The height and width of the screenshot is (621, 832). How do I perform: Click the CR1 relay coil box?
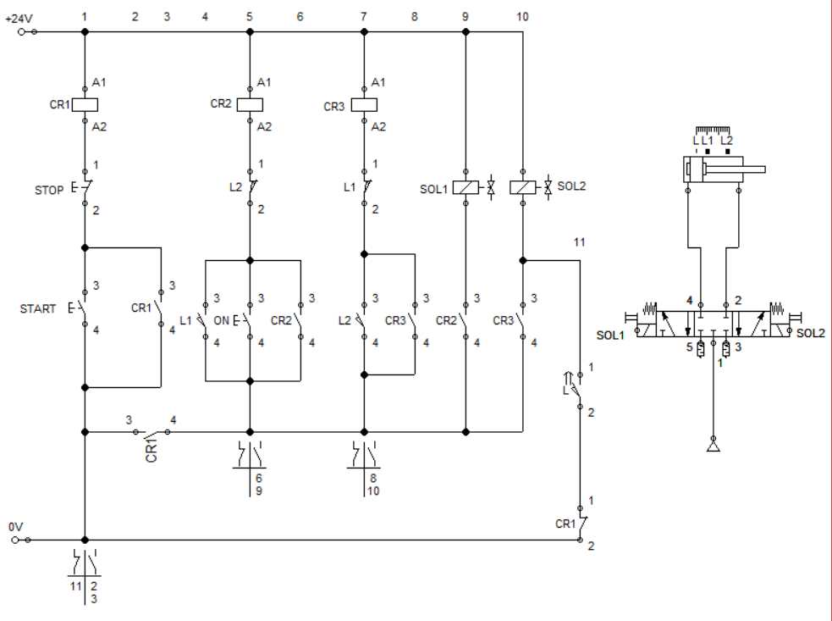(85, 105)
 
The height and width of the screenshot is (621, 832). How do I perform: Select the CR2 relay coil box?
(250, 104)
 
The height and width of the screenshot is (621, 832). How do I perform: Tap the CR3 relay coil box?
(364, 105)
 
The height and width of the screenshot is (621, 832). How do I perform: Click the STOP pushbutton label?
(48, 190)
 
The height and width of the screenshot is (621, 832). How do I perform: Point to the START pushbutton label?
(38, 309)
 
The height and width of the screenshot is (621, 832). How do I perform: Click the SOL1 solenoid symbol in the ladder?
(466, 188)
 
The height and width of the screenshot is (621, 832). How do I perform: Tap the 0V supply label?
(15, 527)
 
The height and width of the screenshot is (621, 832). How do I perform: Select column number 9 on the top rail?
(465, 16)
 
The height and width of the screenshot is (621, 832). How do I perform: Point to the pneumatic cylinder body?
(713, 169)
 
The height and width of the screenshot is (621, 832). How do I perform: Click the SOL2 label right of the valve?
(810, 334)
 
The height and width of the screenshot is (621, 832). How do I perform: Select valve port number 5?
(689, 346)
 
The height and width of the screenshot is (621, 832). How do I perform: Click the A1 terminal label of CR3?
(378, 82)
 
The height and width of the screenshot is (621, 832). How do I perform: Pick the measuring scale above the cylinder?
(713, 130)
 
